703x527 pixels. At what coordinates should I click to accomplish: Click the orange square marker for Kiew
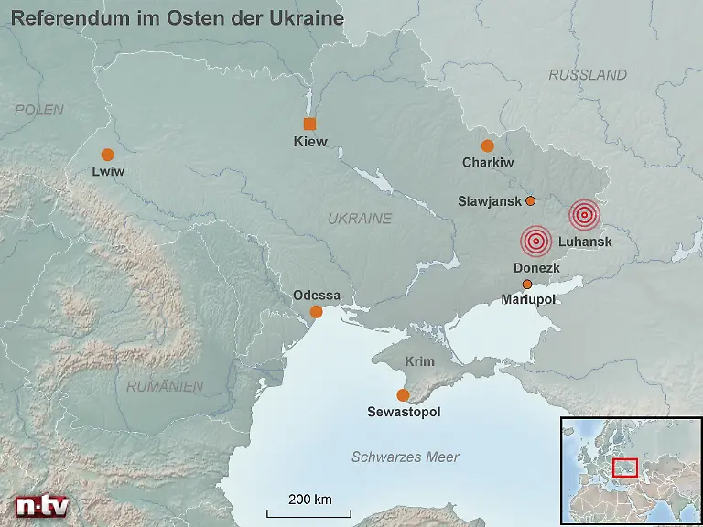[310, 124]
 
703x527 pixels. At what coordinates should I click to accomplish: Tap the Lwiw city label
[107, 171]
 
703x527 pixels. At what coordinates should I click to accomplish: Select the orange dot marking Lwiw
[107, 155]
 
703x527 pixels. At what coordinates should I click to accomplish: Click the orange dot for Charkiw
[487, 145]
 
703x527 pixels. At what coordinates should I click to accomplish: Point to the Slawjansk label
[489, 201]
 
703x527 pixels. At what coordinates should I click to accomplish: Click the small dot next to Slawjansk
[530, 200]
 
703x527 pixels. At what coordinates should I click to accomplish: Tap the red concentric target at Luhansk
[584, 215]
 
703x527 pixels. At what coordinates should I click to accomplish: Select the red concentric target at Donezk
[535, 242]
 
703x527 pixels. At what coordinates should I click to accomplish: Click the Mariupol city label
[528, 299]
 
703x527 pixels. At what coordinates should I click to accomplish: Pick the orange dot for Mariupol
[526, 285]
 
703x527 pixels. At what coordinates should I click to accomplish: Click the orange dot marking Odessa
[317, 312]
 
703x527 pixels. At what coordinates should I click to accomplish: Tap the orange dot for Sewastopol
[403, 395]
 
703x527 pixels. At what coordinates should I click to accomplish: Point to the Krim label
[419, 361]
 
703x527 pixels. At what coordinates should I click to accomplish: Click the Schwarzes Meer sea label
[406, 457]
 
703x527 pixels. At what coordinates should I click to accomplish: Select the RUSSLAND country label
[588, 75]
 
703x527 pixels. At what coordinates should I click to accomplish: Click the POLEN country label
[39, 110]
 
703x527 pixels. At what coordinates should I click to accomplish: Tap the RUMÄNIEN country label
[165, 387]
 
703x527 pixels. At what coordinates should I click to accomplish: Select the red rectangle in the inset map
[625, 467]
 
